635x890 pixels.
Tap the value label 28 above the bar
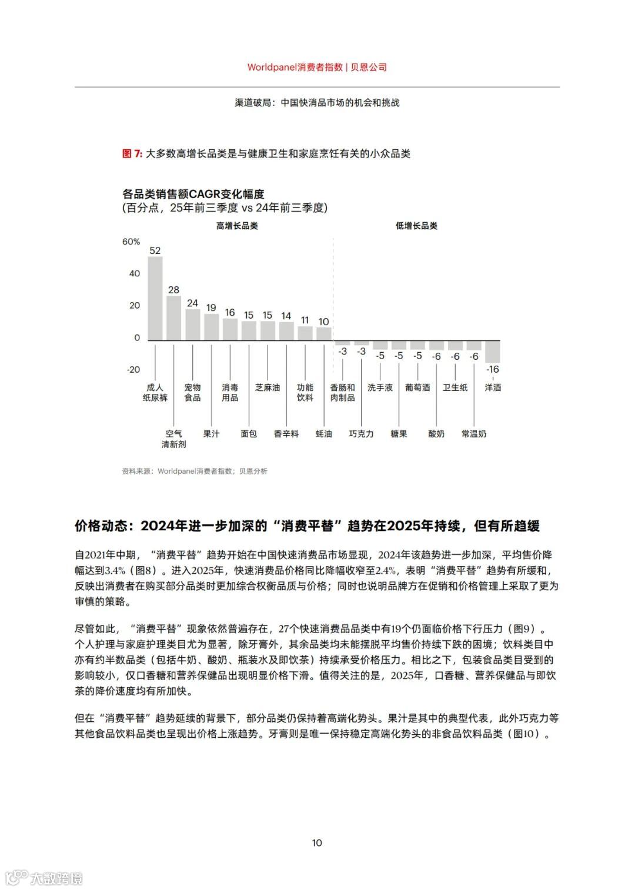point(173,290)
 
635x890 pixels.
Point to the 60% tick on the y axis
point(131,242)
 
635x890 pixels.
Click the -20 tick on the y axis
point(133,369)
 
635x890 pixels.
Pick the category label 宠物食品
point(192,393)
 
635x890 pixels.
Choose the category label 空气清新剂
point(173,439)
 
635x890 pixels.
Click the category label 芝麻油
point(268,387)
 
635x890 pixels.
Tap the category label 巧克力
point(361,434)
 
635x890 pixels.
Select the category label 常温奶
point(474,434)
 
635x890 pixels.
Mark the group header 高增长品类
point(237,226)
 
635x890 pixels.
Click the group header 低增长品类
point(416,226)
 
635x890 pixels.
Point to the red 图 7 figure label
point(132,153)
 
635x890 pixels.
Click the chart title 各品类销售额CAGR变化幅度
point(193,194)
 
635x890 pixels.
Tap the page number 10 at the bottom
point(317,843)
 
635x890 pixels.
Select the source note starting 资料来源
point(195,471)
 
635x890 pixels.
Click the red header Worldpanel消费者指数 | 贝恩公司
point(317,67)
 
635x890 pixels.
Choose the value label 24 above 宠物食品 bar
point(192,303)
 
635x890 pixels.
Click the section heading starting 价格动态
point(307,526)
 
